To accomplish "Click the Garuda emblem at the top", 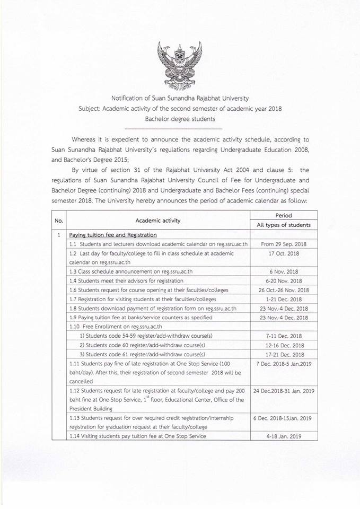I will tap(180, 65).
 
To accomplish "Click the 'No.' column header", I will tap(59, 220).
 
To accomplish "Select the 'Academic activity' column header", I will tap(158, 220).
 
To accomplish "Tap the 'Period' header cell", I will tap(284, 215).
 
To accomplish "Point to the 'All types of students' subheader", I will tap(284, 225).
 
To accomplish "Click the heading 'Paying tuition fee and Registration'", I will tap(113, 234).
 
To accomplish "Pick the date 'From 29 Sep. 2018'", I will tap(284, 244).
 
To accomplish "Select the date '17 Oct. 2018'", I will tap(284, 253).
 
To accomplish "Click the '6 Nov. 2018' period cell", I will tap(284, 271).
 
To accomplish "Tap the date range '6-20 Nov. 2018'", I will tap(284, 280).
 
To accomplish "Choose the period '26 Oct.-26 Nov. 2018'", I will tap(284, 290).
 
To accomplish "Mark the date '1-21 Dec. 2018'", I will tap(284, 299).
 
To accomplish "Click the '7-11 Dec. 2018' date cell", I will tap(284, 336).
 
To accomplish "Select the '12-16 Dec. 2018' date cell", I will tap(284, 345).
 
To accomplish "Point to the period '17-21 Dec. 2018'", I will tap(284, 354).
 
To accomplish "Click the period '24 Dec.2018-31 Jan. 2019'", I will tap(284, 391).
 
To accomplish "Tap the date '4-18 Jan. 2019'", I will tap(284, 436).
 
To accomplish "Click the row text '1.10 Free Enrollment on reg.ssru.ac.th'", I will tap(116, 327).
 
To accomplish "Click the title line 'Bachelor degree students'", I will tap(180, 119).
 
